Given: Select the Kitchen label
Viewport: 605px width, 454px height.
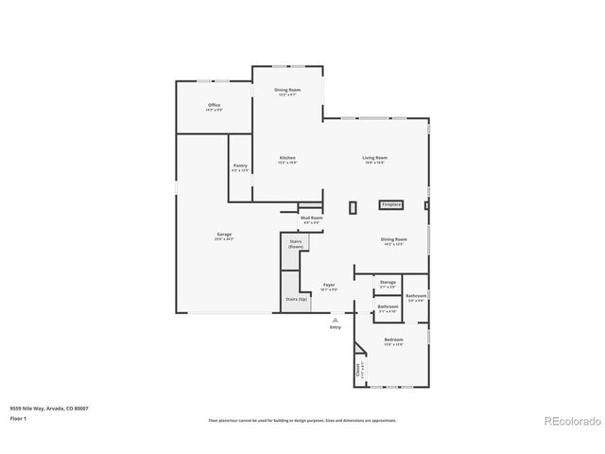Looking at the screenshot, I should [x=287, y=159].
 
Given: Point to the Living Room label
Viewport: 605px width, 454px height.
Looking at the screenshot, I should [x=375, y=159].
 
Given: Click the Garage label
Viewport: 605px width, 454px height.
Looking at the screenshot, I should [x=224, y=236].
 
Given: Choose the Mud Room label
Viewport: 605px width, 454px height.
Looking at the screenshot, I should [x=312, y=219].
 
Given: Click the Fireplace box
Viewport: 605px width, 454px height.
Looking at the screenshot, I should [x=391, y=204].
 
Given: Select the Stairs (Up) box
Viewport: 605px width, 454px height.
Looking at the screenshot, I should [x=296, y=300].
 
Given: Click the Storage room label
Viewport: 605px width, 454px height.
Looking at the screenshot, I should [x=388, y=283].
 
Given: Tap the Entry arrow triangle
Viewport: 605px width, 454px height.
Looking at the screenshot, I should [x=335, y=320].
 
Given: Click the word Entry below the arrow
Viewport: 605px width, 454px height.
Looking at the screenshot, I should [x=335, y=327].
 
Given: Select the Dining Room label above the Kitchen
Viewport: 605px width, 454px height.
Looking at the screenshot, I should [x=287, y=91].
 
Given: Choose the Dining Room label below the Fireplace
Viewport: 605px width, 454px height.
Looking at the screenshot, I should [x=393, y=241].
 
